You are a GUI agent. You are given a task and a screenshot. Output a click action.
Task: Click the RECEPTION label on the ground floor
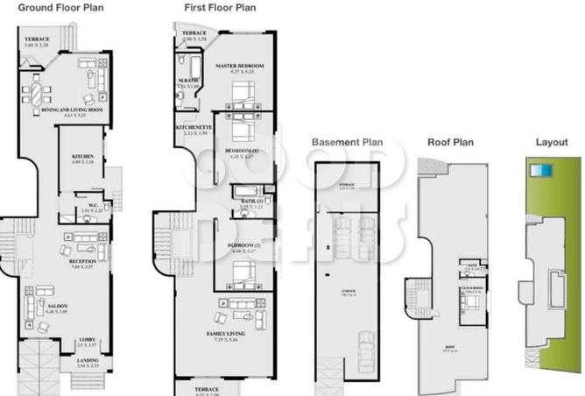click(x=82, y=261)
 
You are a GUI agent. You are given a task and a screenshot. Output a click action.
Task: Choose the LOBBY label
click(x=87, y=341)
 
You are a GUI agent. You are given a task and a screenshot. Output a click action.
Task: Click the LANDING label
click(x=87, y=360)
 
